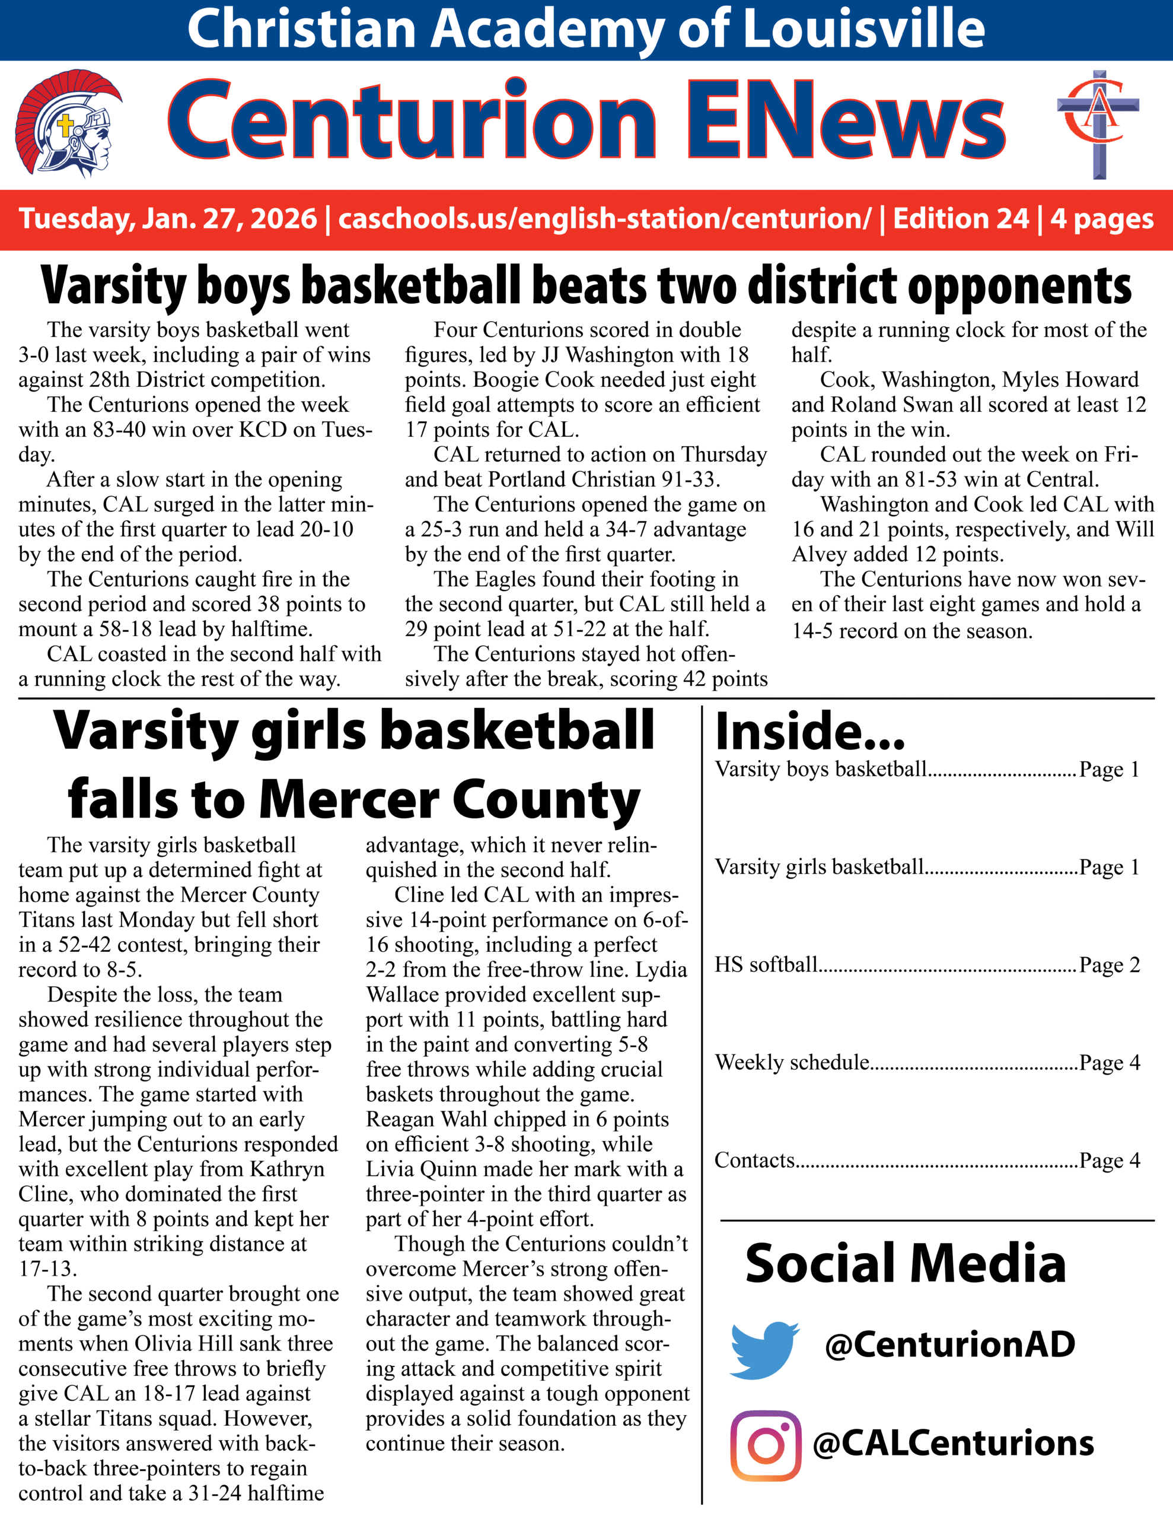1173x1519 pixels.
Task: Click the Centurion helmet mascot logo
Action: coord(68,124)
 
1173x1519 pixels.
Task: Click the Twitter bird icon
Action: coord(763,1350)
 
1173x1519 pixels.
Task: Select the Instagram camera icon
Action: coord(766,1445)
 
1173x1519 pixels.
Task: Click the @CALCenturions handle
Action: coord(953,1443)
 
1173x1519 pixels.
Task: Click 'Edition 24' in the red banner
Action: coord(960,218)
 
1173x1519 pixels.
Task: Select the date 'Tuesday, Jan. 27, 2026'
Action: coord(168,218)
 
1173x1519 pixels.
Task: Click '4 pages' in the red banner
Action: coord(1102,218)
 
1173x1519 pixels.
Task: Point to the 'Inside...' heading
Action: coord(810,732)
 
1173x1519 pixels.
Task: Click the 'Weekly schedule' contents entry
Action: coord(792,1062)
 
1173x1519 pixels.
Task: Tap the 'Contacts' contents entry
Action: coord(755,1160)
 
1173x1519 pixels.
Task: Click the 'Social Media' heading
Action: coord(906,1264)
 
